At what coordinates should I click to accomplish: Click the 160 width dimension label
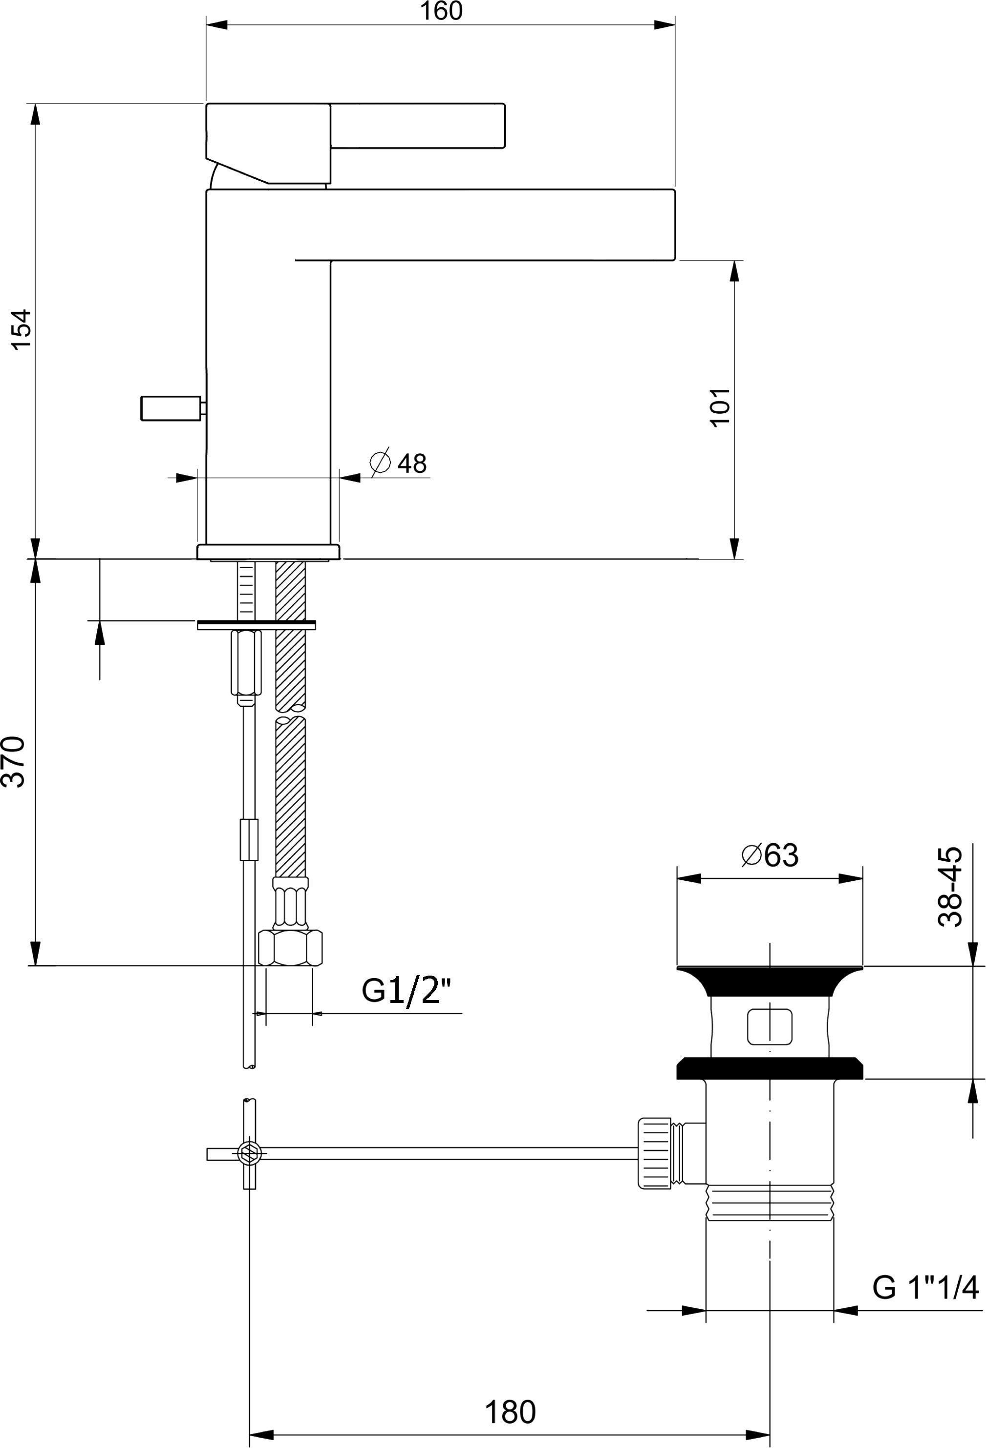(441, 11)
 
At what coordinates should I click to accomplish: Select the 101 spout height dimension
(720, 407)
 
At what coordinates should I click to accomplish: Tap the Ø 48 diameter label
(399, 463)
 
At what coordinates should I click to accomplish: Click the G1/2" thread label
(406, 991)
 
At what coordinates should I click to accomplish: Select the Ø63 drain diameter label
(771, 855)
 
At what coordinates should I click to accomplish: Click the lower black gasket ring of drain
(770, 1067)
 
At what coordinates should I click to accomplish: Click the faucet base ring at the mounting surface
(268, 552)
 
